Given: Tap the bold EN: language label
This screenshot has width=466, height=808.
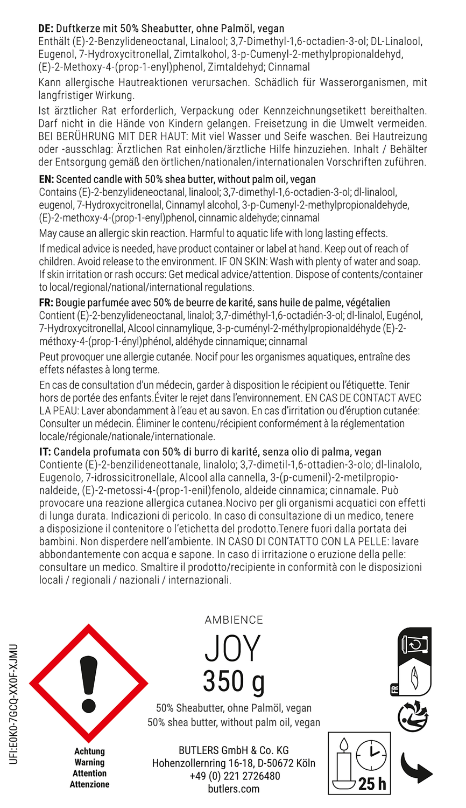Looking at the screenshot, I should pos(46,179).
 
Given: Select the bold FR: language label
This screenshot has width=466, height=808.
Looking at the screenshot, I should pos(46,303).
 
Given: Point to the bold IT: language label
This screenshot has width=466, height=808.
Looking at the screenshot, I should pos(45,452).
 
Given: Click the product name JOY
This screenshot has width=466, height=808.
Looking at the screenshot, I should pos(232,649).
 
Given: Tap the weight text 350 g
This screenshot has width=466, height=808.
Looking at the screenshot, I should pos(234,681).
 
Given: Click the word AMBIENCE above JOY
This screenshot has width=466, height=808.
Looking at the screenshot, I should pos(234,620).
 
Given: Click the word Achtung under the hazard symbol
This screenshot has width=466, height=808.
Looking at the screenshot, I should pos(89,751).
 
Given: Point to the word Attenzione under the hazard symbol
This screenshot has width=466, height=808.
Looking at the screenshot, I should pos(89,784).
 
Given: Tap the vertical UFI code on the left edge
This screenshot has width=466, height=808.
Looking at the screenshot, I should pos(14,703).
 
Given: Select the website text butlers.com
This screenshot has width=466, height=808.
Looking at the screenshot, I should pos(234,789).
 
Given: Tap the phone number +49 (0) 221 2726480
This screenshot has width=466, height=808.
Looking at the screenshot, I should pos(235,776).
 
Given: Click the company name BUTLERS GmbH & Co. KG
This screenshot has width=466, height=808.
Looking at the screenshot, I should pos(234,750).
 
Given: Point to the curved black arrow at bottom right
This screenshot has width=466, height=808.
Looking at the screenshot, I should pos(416,769).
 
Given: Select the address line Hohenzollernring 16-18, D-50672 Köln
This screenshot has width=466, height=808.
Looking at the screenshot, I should pos(234,763).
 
